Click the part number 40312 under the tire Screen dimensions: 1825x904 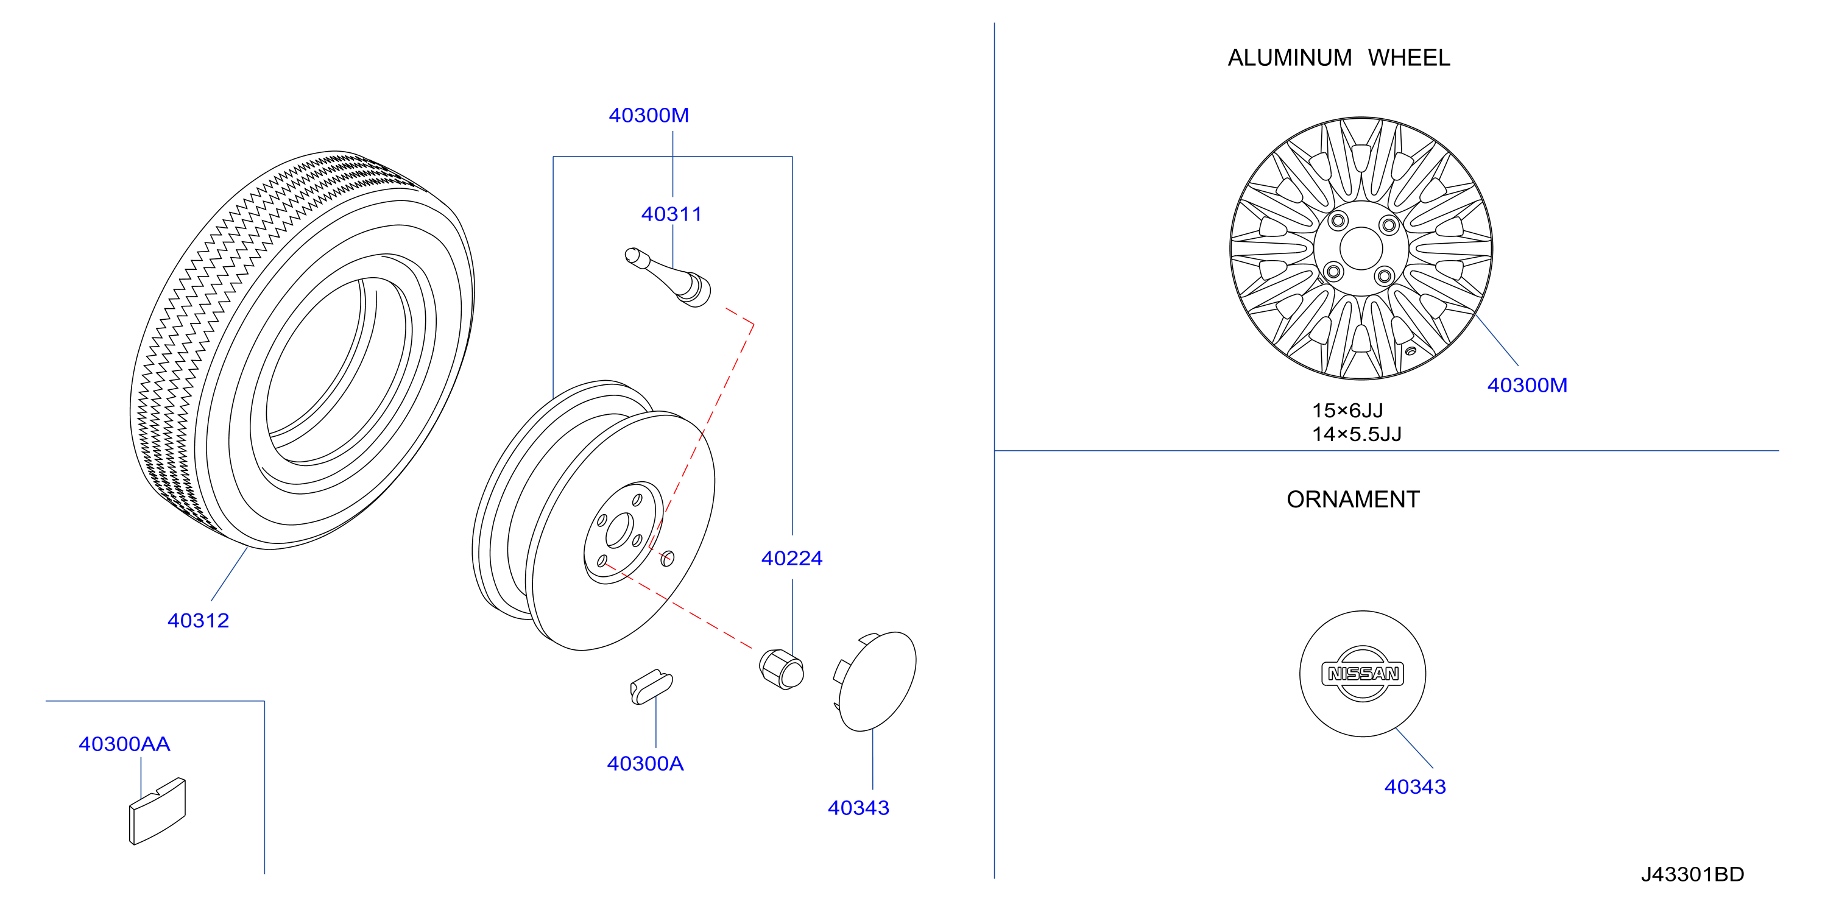click(x=199, y=621)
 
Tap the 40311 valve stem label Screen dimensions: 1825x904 click(x=672, y=214)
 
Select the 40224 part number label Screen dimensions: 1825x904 click(x=792, y=558)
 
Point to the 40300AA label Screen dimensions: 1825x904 click(x=125, y=744)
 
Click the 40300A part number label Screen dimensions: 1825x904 click(x=646, y=764)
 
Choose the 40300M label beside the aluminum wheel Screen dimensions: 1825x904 click(x=1528, y=386)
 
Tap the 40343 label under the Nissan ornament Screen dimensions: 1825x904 click(x=1416, y=787)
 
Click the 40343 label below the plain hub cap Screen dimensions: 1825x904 click(x=859, y=808)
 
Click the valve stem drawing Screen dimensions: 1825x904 click(x=668, y=277)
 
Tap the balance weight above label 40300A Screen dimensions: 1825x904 click(x=651, y=687)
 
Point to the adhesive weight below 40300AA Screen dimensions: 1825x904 click(x=157, y=812)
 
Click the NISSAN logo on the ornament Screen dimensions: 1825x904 click(x=1363, y=674)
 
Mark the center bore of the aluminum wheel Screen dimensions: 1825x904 click(x=1361, y=249)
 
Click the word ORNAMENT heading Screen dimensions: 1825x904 click(x=1353, y=500)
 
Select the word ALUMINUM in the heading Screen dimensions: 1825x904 click(x=1290, y=57)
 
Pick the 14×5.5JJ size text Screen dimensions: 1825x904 click(x=1357, y=434)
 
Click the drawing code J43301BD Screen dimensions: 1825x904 click(x=1693, y=875)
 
